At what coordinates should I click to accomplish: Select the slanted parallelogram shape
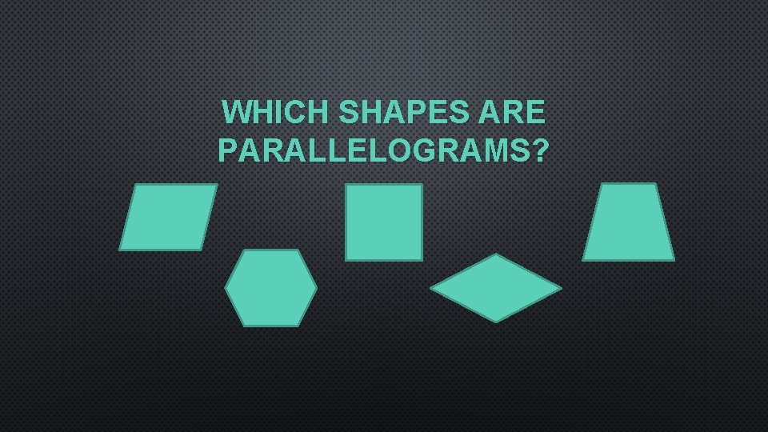(168, 217)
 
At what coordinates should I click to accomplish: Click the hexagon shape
(271, 287)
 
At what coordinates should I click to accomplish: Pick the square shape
(384, 222)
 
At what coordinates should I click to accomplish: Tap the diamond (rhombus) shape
(496, 288)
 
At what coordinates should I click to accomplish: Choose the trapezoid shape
(628, 222)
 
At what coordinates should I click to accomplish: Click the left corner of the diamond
(431, 288)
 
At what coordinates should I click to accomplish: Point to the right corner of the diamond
(561, 288)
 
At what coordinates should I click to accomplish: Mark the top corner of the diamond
(496, 254)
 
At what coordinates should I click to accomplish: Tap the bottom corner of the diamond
(496, 322)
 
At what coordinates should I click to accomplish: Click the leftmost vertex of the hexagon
(226, 287)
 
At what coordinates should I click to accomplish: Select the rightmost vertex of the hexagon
(317, 287)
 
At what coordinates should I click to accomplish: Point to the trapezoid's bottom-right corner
(674, 259)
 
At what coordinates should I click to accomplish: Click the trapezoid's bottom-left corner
(582, 259)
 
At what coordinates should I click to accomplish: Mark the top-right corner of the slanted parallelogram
(216, 185)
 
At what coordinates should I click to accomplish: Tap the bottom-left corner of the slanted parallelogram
(120, 250)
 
